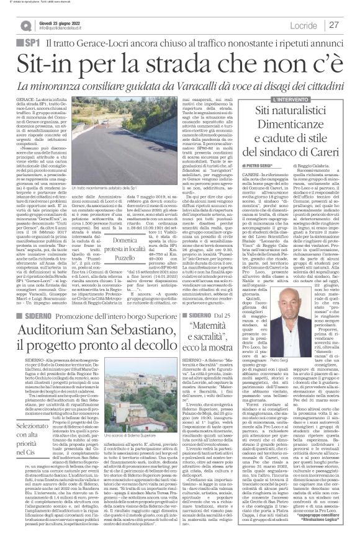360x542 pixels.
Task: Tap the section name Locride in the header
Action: coord(302,24)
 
